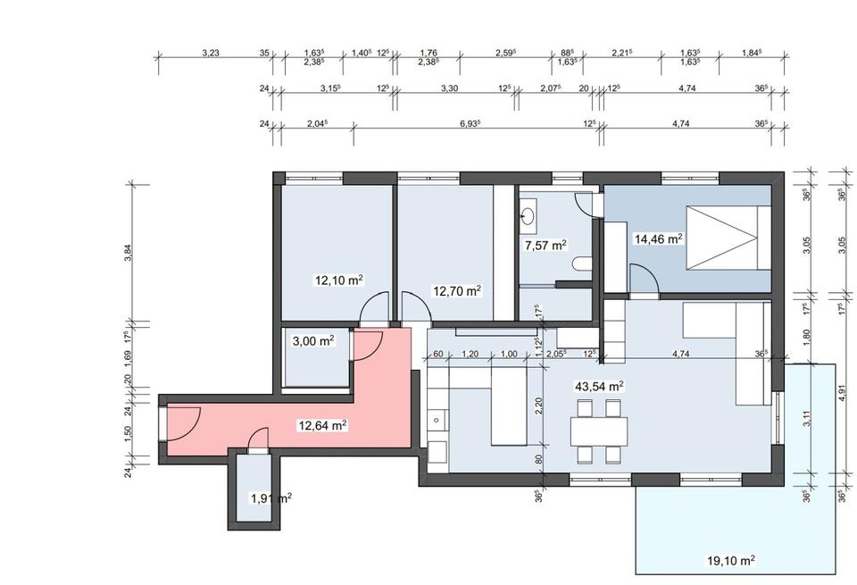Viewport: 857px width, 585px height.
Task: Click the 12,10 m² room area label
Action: point(339,280)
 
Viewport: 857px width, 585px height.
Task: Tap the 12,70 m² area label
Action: point(457,291)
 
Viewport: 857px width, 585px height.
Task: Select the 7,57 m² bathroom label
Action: point(545,246)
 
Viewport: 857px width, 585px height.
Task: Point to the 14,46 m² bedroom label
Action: point(658,239)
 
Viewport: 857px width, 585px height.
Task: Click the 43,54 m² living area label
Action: point(599,387)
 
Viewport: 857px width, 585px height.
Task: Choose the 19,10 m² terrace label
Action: point(731,560)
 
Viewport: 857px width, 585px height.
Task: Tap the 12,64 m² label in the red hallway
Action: point(322,425)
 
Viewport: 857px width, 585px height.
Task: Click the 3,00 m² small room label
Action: point(313,341)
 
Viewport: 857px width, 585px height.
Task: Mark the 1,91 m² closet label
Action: point(270,498)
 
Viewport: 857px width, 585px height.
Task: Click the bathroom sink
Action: point(528,212)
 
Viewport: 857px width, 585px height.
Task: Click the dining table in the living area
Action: point(599,431)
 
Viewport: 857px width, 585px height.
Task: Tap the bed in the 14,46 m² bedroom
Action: point(728,238)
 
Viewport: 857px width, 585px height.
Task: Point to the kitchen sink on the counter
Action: point(437,420)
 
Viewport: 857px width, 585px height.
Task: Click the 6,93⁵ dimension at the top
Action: point(470,123)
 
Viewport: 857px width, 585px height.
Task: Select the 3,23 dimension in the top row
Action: point(211,53)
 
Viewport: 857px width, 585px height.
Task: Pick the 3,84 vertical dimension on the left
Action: point(128,253)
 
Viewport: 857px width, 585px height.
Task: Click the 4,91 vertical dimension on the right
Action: point(842,393)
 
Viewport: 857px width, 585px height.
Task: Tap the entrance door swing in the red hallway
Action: point(185,422)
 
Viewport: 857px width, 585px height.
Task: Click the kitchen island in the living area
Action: point(509,405)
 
